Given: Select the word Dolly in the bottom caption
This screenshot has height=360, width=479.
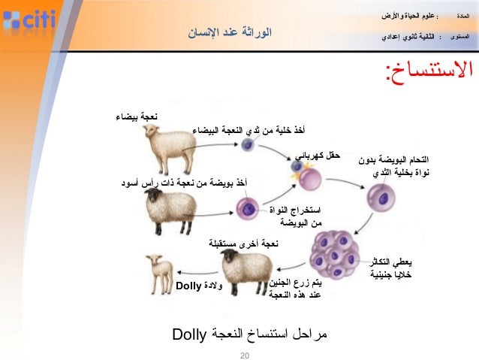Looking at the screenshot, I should click(x=188, y=332).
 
